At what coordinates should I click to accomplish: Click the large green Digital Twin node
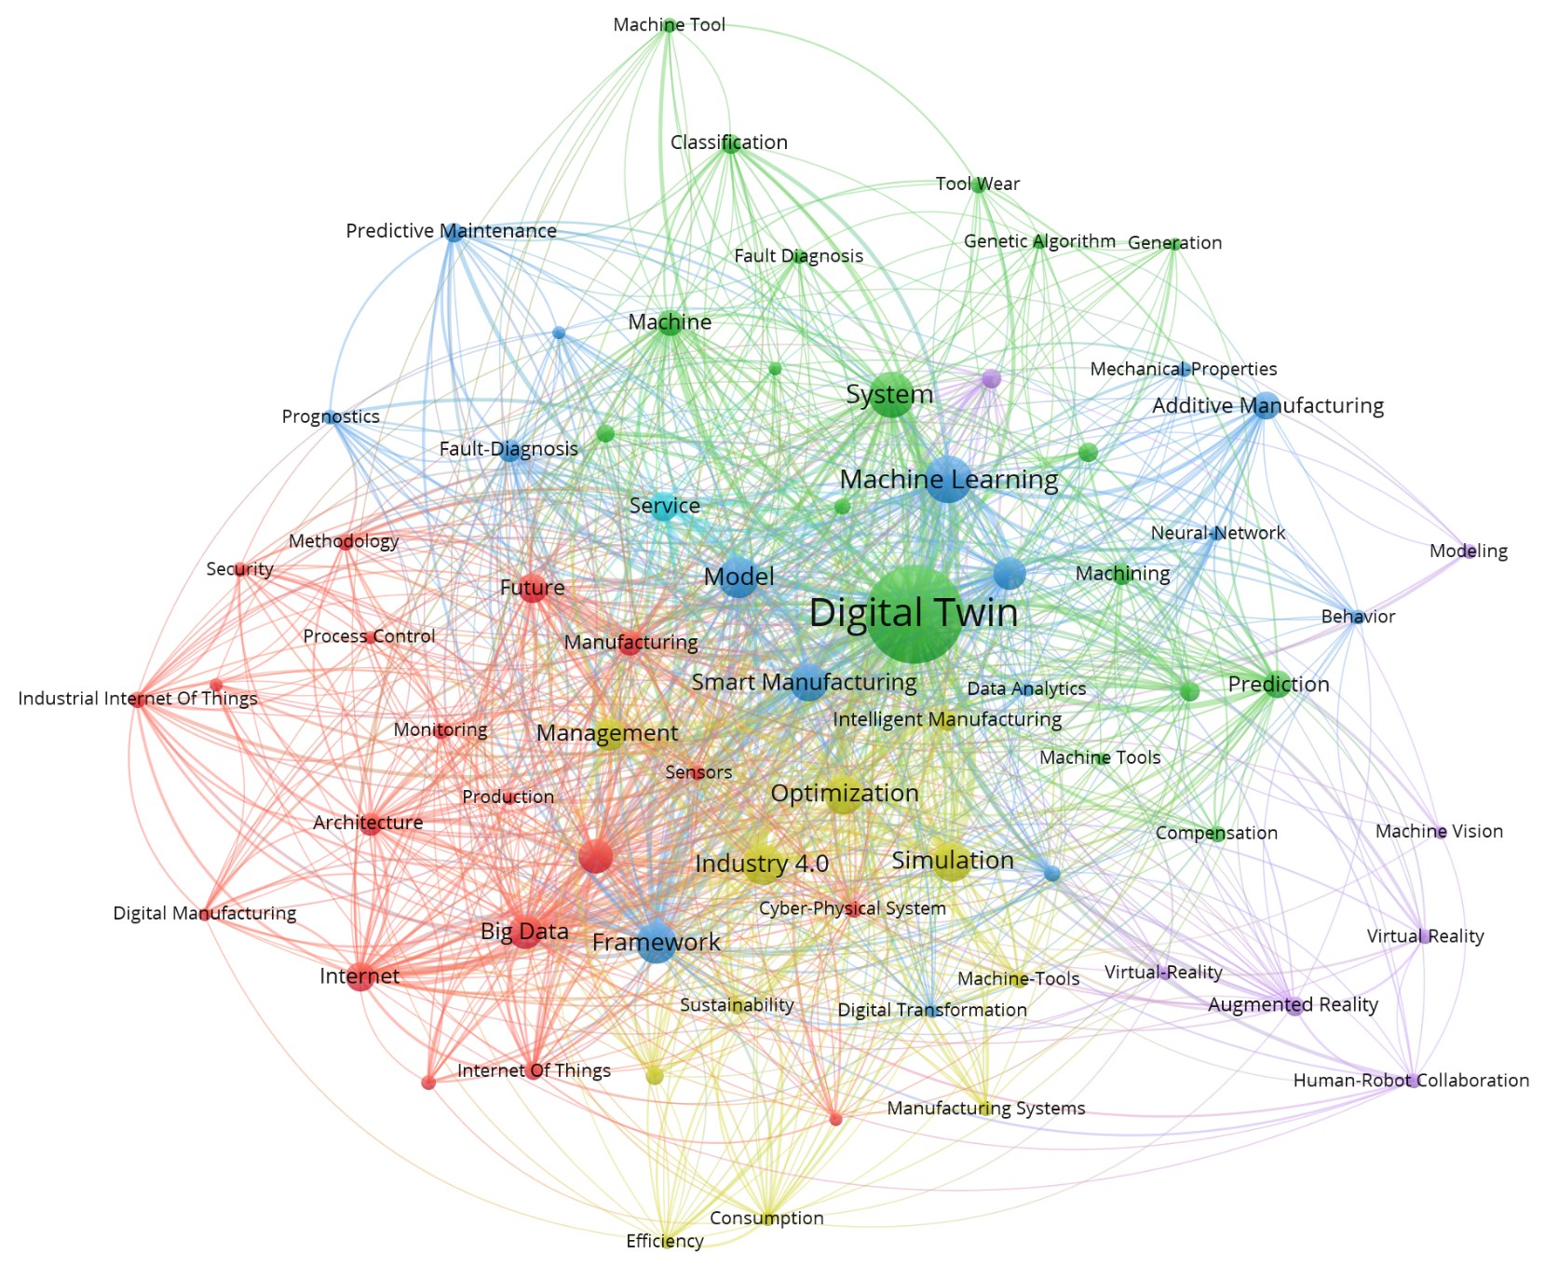click(x=915, y=614)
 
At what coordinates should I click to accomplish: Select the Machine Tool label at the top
click(x=669, y=25)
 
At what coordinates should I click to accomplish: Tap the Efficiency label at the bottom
click(x=665, y=1241)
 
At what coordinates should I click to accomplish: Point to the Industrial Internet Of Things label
click(x=138, y=699)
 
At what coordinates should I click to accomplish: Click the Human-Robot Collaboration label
click(x=1411, y=1081)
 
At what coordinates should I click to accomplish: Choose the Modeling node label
click(x=1469, y=552)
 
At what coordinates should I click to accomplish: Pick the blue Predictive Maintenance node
click(x=454, y=232)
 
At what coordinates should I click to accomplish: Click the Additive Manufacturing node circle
click(x=1265, y=406)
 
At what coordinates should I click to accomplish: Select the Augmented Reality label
click(x=1293, y=1005)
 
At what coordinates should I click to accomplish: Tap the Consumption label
click(x=766, y=1219)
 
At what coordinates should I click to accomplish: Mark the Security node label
click(x=239, y=569)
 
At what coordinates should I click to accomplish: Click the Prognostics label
click(x=331, y=416)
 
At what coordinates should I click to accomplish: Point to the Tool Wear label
click(x=978, y=184)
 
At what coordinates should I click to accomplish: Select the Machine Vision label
click(x=1439, y=832)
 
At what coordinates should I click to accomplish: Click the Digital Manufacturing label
click(x=205, y=914)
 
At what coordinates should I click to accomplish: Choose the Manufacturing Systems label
click(x=986, y=1109)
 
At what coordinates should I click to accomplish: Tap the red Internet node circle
click(x=359, y=977)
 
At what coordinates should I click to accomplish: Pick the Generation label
click(x=1174, y=243)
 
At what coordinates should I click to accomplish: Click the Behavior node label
click(x=1358, y=617)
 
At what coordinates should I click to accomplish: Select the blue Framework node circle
click(x=657, y=943)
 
